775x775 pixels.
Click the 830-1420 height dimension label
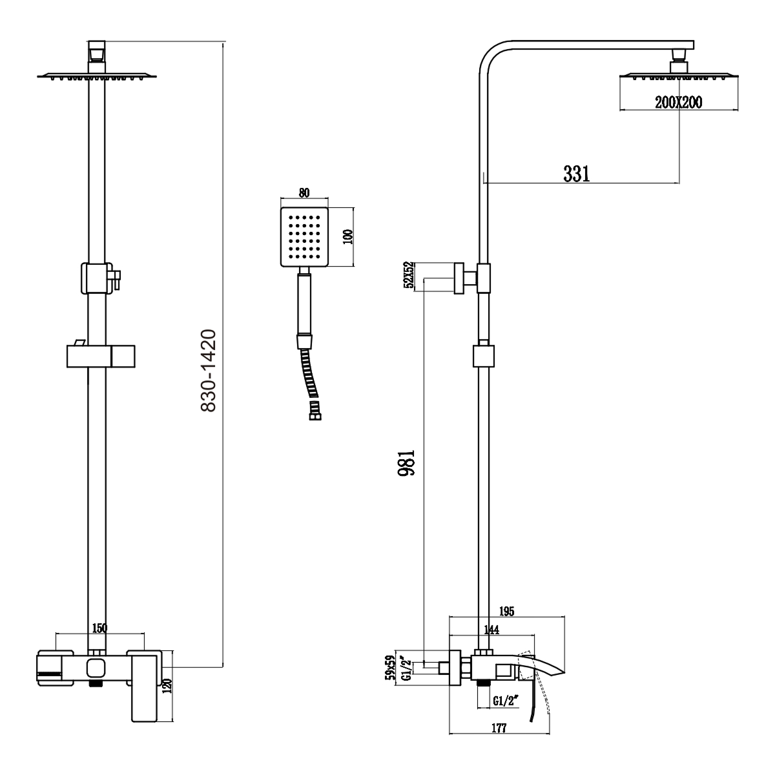[207, 371]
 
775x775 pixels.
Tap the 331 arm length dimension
[577, 173]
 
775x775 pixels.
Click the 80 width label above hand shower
[305, 191]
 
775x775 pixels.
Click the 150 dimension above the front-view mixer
[99, 628]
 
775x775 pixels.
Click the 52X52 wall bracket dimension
[408, 276]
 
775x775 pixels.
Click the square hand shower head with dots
[305, 237]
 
